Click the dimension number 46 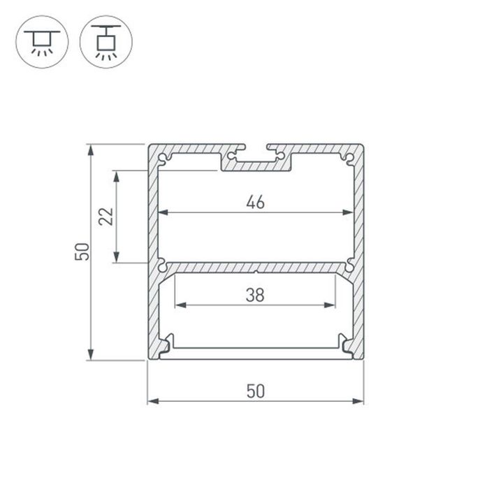point(255,203)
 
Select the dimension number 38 point(255,295)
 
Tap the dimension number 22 point(105,217)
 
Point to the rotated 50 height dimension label point(82,252)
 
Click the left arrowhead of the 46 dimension point(163,213)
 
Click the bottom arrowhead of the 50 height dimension point(90,356)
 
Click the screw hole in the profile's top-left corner point(163,158)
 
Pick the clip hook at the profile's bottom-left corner point(166,344)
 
